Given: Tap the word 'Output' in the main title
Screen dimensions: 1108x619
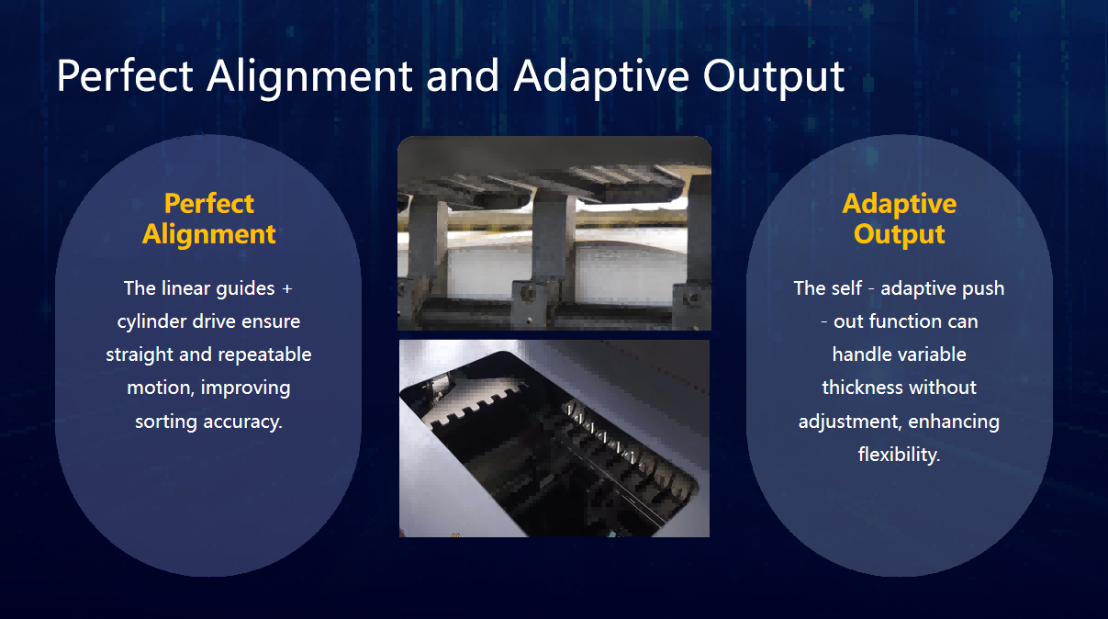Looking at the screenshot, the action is point(774,77).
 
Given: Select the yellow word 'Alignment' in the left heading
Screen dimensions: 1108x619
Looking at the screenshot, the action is point(208,234).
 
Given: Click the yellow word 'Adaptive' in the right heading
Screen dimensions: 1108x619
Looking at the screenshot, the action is point(900,204).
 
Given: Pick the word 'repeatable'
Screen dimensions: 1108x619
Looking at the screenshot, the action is point(264,355).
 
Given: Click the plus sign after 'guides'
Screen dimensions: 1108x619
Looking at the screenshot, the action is point(287,289).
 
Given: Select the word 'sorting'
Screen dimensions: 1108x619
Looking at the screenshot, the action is point(166,422).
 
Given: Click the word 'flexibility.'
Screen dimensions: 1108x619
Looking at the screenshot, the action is point(900,455).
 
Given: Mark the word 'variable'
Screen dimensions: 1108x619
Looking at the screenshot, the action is point(934,355).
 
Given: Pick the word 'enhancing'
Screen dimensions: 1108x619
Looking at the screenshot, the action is point(954,422).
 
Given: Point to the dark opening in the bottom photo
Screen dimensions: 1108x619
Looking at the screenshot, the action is point(549,445).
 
